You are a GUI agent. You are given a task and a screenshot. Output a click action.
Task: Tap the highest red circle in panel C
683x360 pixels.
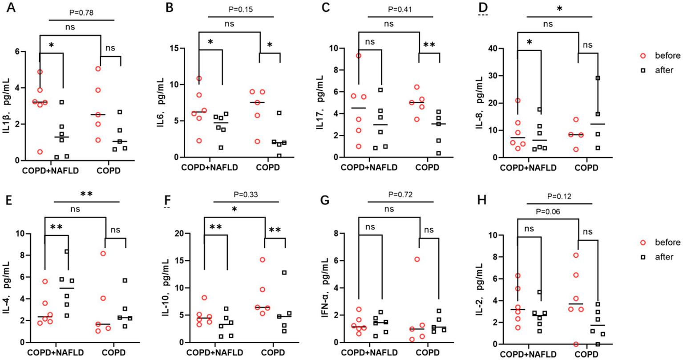[x=358, y=56]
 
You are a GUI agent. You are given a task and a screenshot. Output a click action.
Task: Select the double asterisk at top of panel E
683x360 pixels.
[x=87, y=194]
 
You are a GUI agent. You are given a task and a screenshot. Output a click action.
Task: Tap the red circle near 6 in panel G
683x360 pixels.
[x=417, y=259]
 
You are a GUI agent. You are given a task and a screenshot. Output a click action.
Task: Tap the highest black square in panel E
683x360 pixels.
[x=66, y=252]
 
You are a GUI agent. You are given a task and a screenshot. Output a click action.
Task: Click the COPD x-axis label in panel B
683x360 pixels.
[x=268, y=168]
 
